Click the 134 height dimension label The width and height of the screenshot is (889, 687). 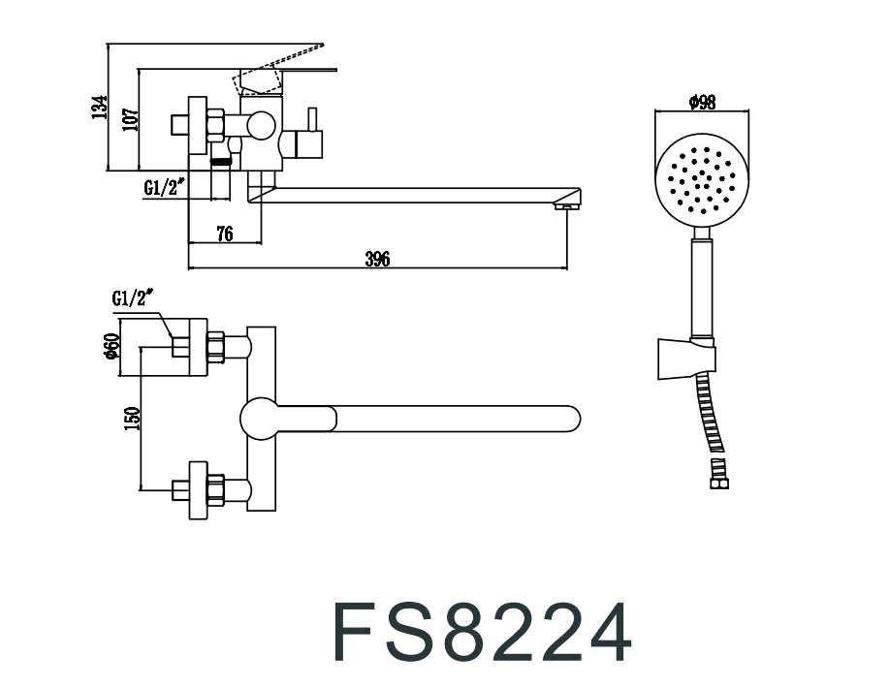[100, 108]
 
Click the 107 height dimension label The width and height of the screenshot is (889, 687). [131, 119]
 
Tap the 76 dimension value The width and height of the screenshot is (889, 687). [225, 234]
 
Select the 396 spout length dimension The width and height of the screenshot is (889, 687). [377, 259]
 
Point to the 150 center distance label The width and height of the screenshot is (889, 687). [132, 419]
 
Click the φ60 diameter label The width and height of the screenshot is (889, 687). [111, 346]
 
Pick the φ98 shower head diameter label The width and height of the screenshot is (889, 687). [703, 102]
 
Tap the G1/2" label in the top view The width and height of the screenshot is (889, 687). [133, 297]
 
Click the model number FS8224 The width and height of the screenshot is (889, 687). [482, 632]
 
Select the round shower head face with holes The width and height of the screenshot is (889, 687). [703, 181]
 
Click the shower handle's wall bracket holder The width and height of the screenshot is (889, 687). [686, 359]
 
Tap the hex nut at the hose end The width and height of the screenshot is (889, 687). [719, 483]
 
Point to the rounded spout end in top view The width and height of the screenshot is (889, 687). [572, 419]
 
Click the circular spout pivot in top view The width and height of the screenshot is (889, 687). [260, 419]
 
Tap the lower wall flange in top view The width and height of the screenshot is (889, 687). [198, 490]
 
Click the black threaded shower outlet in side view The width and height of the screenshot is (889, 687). [220, 162]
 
